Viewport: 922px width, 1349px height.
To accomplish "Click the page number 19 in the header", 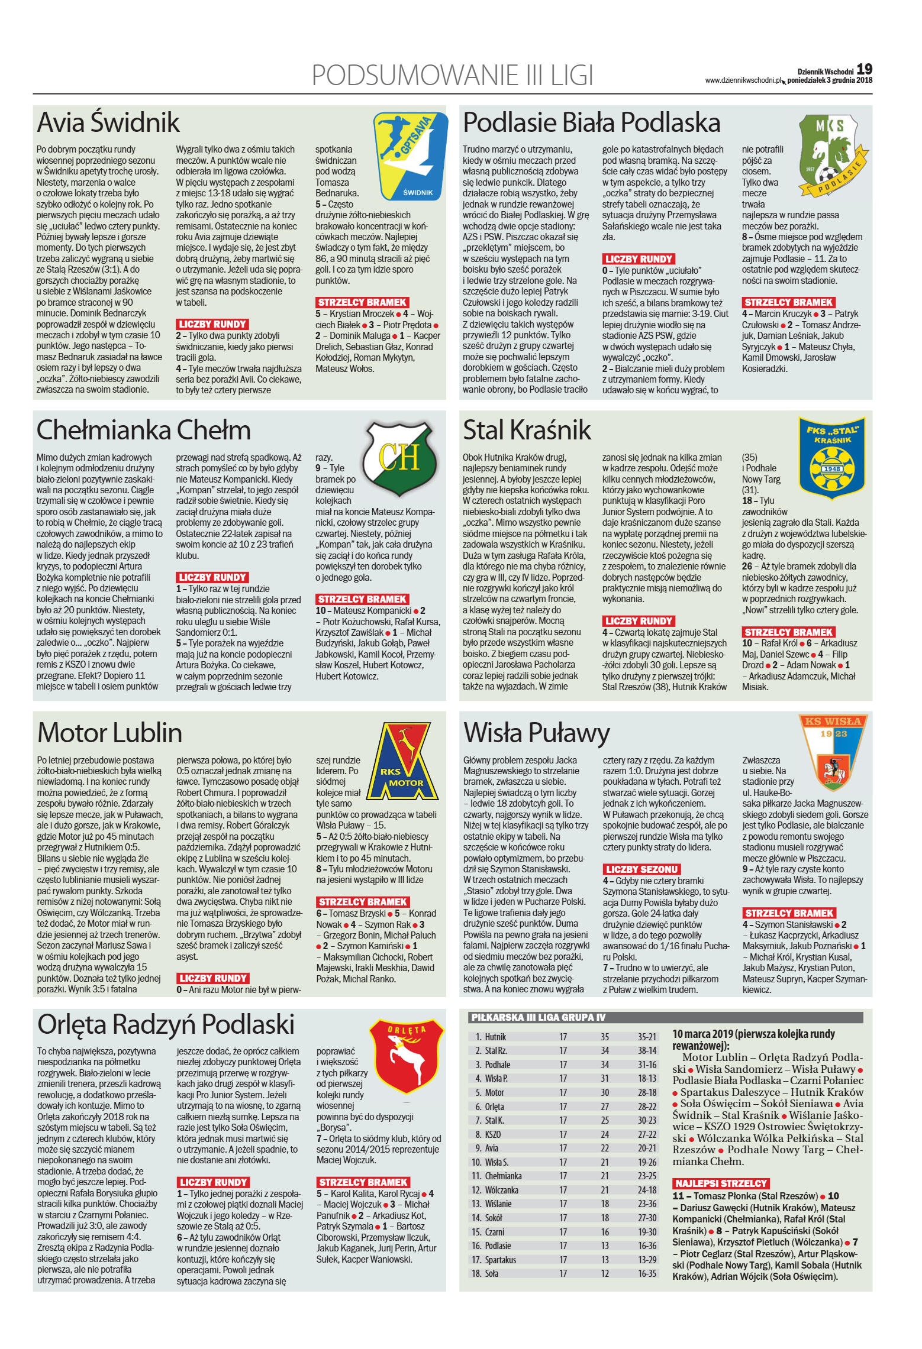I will [864, 70].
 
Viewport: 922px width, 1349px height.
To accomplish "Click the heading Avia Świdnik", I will [108, 122].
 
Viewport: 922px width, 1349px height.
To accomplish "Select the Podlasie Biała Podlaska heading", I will [591, 122].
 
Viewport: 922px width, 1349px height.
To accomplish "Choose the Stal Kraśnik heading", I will [527, 430].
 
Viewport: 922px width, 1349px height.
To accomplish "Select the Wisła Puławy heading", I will [536, 733].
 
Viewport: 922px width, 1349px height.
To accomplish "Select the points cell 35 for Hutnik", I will [605, 1037].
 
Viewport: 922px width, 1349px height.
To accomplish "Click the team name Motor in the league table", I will [494, 1092].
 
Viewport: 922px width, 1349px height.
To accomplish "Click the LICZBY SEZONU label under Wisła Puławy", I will [641, 869].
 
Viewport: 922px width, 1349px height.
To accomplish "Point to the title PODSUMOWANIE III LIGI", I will [452, 76].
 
